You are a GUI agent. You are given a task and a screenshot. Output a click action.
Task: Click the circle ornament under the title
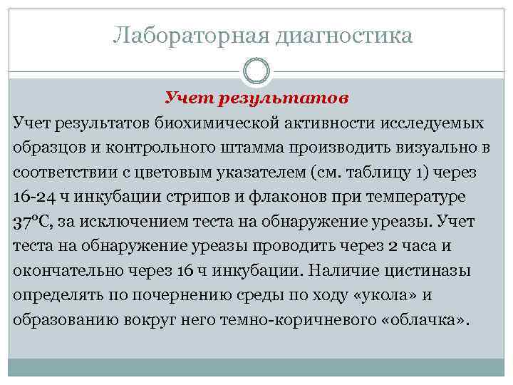256,71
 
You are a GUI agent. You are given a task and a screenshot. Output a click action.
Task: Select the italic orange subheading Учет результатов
256,98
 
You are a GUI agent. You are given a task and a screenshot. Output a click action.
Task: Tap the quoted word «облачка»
428,320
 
